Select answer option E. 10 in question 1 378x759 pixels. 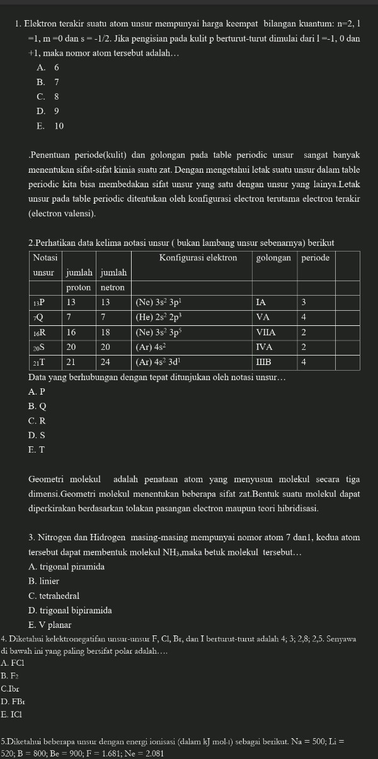click(x=50, y=126)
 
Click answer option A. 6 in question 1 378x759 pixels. click(x=48, y=67)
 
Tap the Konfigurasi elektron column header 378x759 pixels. click(x=198, y=258)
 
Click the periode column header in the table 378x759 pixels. click(x=315, y=258)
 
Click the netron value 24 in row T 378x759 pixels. click(x=106, y=362)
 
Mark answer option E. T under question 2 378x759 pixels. click(x=37, y=449)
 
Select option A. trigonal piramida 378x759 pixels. click(x=66, y=567)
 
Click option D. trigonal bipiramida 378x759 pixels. click(x=70, y=610)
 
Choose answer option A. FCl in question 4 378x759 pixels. click(x=13, y=663)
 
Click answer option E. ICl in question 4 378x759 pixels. click(x=12, y=714)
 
